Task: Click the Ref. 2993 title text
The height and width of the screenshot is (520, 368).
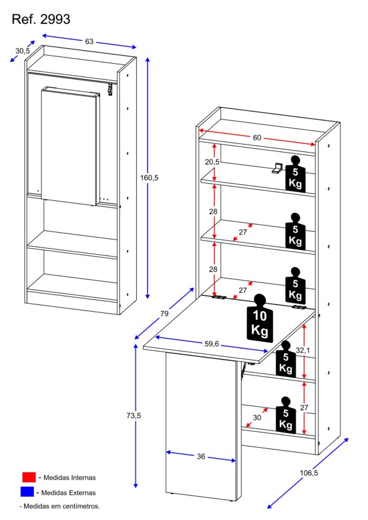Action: pyautogui.click(x=41, y=20)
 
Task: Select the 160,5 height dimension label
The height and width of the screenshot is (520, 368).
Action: pyautogui.click(x=150, y=178)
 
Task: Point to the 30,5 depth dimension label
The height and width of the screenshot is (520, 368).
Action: pyautogui.click(x=22, y=51)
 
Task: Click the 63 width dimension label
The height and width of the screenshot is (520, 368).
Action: pyautogui.click(x=89, y=42)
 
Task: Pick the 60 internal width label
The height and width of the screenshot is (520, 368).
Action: pyautogui.click(x=257, y=138)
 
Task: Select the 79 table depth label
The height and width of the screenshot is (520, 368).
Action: pyautogui.click(x=164, y=314)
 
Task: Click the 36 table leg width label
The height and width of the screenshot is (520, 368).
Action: pyautogui.click(x=201, y=456)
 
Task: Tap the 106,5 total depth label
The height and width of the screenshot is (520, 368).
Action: pyautogui.click(x=309, y=473)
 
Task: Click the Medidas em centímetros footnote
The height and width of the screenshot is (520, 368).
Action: pyautogui.click(x=59, y=507)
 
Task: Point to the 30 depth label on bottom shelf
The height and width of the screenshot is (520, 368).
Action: pyautogui.click(x=256, y=417)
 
